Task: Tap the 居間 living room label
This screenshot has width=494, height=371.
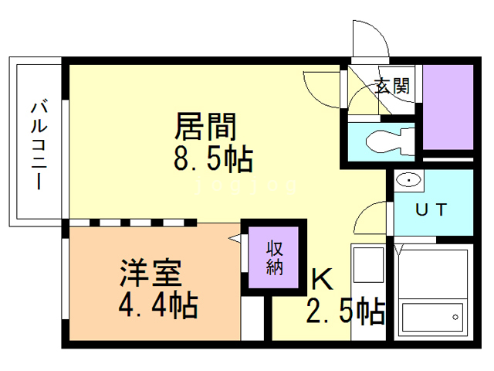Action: coord(206,124)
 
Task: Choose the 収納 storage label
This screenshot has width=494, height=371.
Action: coord(275,259)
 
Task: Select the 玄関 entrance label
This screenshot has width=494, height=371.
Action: coord(392,87)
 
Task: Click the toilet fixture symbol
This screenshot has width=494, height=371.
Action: coord(386,141)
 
